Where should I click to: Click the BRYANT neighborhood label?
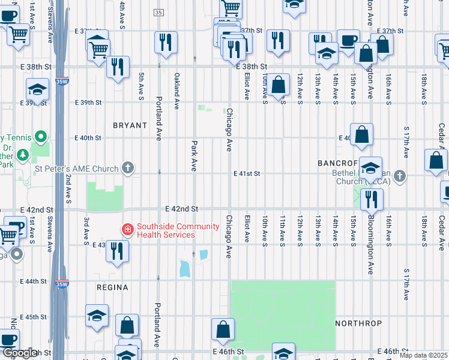pos(130,125)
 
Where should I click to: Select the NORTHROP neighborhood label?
pos(358,323)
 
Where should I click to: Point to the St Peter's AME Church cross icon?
pos(127,168)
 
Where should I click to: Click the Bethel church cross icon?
pos(400,176)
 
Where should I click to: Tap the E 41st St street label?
pos(247,173)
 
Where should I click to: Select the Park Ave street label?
pos(194,156)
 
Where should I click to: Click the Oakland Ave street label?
pos(177,91)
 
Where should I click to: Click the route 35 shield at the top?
pos(158,13)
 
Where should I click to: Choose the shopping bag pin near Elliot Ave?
pos(279,84)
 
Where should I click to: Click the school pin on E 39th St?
pos(38,90)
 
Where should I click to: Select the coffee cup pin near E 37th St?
pos(348,41)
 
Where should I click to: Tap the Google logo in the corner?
pos(19,353)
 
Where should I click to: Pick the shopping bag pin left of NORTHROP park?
pos(223,329)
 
